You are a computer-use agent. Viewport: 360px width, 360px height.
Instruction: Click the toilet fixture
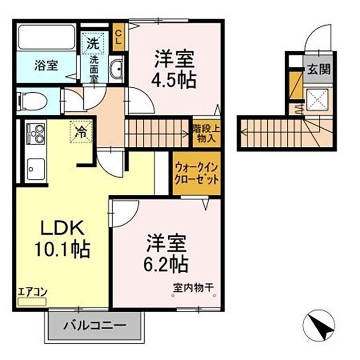(32, 101)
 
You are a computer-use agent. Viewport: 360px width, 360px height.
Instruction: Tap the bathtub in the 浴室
(47, 37)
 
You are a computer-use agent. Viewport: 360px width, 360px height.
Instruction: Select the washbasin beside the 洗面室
(116, 69)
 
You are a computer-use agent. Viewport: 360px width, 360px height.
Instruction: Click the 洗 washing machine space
(93, 43)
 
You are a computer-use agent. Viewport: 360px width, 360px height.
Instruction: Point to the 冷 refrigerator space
(81, 132)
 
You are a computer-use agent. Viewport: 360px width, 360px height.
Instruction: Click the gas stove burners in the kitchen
(36, 134)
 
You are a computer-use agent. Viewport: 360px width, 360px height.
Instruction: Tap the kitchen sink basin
(35, 169)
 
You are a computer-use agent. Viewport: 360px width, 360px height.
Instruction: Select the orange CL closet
(119, 37)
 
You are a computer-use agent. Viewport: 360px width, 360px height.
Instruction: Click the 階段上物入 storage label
(206, 133)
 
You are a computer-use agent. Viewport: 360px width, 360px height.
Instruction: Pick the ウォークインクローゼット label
(196, 174)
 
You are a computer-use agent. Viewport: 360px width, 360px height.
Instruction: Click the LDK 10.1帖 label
(62, 238)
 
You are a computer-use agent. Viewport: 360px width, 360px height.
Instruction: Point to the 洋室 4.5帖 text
(174, 69)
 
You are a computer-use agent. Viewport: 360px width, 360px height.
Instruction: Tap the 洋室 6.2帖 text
(166, 253)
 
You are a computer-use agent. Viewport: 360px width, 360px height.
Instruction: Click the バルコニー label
(95, 325)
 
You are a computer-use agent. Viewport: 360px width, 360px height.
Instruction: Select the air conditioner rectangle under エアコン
(32, 301)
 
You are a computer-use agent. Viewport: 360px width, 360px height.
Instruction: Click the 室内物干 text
(193, 287)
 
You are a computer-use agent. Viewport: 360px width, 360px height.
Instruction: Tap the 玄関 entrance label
(319, 69)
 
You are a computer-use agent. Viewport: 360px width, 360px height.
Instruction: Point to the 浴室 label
(46, 65)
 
